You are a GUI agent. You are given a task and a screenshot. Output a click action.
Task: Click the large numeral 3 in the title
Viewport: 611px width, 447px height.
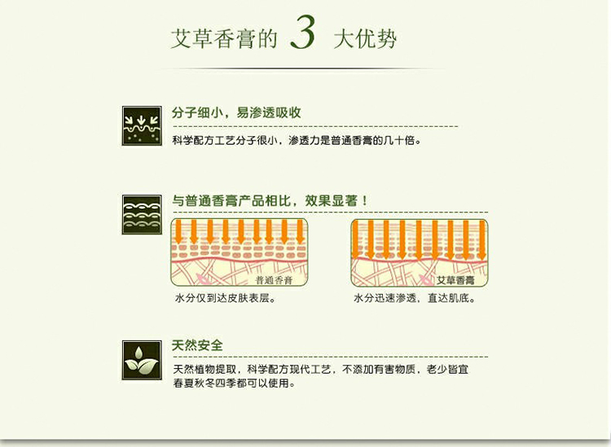pyautogui.click(x=303, y=33)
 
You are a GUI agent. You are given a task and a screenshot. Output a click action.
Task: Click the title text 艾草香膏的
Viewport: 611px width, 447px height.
pyautogui.click(x=225, y=39)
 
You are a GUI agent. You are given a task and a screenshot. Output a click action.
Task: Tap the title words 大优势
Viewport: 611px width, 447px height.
pyautogui.click(x=366, y=39)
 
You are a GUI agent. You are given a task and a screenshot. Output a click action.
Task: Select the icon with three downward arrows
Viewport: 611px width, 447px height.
pyautogui.click(x=142, y=125)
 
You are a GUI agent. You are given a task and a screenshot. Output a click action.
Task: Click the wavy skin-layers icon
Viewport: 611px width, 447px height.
pyautogui.click(x=142, y=215)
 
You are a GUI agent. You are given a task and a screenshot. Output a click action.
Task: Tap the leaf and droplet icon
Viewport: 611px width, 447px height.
pyautogui.click(x=142, y=360)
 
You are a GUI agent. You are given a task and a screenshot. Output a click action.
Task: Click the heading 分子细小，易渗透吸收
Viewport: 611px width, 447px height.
pyautogui.click(x=236, y=112)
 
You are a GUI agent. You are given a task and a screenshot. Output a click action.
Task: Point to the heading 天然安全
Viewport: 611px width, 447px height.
pyautogui.click(x=198, y=345)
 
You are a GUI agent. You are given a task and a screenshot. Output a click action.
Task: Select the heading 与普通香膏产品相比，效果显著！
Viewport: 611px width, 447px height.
pyautogui.click(x=270, y=201)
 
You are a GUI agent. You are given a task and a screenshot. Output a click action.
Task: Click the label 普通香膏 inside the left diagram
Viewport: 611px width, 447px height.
pyautogui.click(x=274, y=280)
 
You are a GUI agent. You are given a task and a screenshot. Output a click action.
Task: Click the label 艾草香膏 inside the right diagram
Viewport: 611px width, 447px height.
pyautogui.click(x=455, y=280)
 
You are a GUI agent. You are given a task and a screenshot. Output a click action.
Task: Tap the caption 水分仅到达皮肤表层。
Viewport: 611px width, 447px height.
pyautogui.click(x=226, y=298)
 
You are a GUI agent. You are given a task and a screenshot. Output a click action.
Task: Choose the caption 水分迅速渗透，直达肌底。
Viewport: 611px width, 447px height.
pyautogui.click(x=415, y=298)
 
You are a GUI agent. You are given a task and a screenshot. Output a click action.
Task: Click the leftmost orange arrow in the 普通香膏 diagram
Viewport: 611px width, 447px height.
pyautogui.click(x=179, y=232)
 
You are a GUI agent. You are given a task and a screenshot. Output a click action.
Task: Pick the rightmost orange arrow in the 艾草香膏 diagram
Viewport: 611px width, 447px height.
pyautogui.click(x=482, y=240)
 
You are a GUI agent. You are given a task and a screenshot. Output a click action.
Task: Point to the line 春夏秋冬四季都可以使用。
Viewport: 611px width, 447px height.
pyautogui.click(x=235, y=383)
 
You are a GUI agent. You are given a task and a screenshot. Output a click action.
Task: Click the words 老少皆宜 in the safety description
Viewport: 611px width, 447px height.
pyautogui.click(x=448, y=369)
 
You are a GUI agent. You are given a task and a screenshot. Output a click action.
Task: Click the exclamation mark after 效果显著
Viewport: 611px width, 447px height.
pyautogui.click(x=364, y=201)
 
